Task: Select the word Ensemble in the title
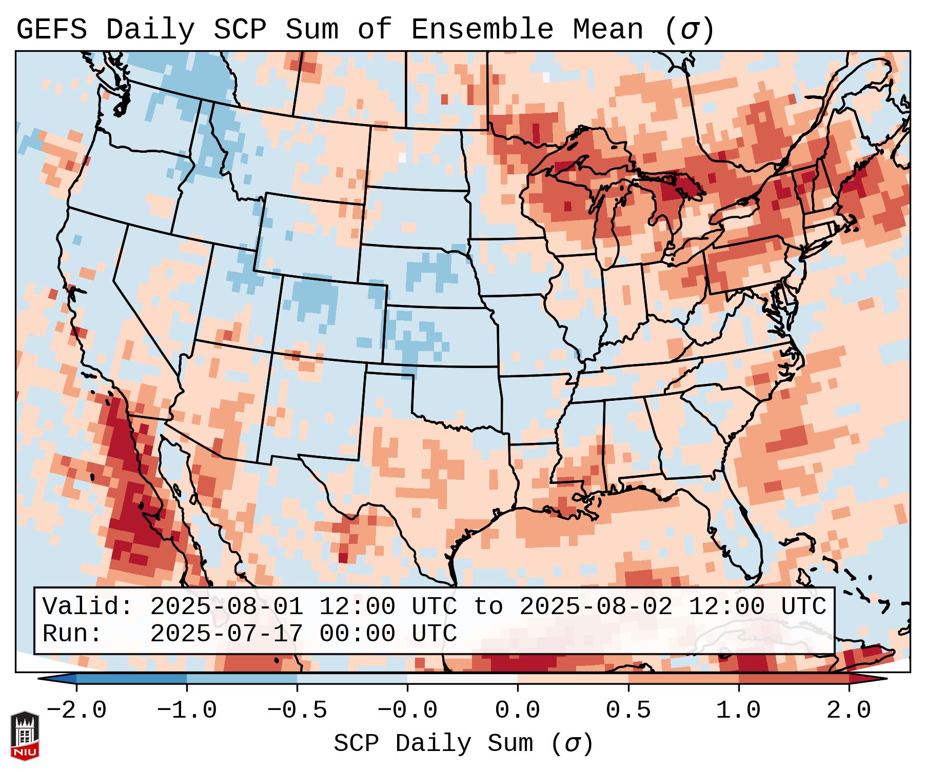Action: pyautogui.click(x=482, y=30)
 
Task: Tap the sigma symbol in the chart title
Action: pyautogui.click(x=689, y=31)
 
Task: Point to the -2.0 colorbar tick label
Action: pyautogui.click(x=76, y=710)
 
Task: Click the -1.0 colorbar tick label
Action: pyautogui.click(x=186, y=710)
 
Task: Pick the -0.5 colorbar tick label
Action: pyautogui.click(x=297, y=710)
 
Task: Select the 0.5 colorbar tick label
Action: pyautogui.click(x=628, y=710)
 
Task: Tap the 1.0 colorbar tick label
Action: pyautogui.click(x=738, y=710)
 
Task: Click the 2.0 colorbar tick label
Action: pyautogui.click(x=849, y=710)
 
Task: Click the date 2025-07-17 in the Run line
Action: pyautogui.click(x=226, y=634)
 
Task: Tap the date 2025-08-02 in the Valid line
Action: pyautogui.click(x=596, y=607)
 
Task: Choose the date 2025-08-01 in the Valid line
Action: pyautogui.click(x=226, y=607)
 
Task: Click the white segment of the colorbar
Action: pyautogui.click(x=462, y=679)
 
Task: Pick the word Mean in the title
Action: pyautogui.click(x=607, y=30)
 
